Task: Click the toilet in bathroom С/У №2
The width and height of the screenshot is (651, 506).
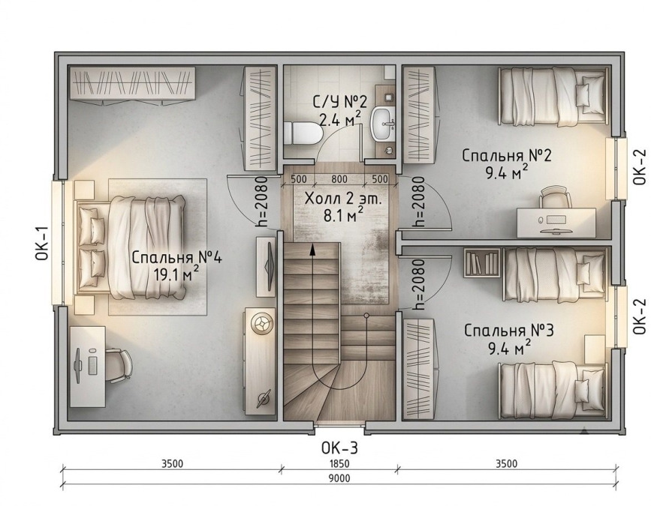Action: click(x=304, y=133)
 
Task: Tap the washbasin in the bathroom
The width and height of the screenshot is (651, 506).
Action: click(x=382, y=124)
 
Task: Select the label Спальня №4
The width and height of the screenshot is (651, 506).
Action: click(x=177, y=257)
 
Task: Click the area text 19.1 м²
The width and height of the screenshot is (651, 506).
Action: click(x=176, y=274)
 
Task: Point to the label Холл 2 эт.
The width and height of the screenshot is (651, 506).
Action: click(x=342, y=199)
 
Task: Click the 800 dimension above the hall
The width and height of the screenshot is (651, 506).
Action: click(x=339, y=179)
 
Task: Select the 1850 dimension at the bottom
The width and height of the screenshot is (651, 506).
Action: click(x=339, y=464)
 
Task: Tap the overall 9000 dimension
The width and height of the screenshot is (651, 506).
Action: click(x=339, y=479)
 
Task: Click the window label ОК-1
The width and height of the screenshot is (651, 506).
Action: click(x=42, y=244)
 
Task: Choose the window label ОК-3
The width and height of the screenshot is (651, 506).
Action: click(x=339, y=448)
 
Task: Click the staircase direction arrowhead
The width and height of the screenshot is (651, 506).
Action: click(x=312, y=250)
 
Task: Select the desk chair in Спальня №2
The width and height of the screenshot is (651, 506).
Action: click(x=555, y=197)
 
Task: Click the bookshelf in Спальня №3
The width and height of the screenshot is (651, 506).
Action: click(x=481, y=262)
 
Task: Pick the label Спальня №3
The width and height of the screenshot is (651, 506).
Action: click(x=509, y=331)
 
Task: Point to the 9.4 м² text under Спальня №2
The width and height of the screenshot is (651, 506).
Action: click(x=508, y=173)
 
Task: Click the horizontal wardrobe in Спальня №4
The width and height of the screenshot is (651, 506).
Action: click(x=132, y=83)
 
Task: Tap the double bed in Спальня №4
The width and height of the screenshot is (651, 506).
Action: click(x=130, y=247)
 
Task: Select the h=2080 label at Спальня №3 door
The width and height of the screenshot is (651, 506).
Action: click(x=418, y=285)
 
